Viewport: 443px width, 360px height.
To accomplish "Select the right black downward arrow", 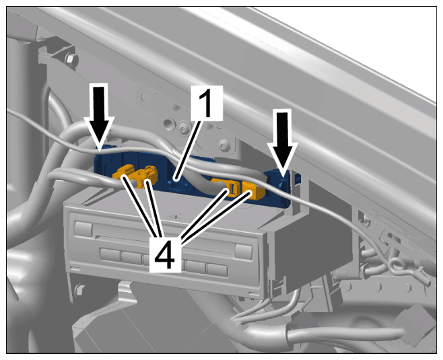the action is click(283, 141).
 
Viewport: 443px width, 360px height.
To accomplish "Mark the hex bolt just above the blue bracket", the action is click(225, 145).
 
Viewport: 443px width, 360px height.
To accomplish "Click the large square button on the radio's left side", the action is click(83, 228).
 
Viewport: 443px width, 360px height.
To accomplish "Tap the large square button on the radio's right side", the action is click(243, 250).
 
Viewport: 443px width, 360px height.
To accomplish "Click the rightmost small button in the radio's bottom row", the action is click(217, 270).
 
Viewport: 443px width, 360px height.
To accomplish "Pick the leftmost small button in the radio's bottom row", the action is click(110, 254).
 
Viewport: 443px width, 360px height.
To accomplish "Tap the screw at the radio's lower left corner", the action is click(80, 289).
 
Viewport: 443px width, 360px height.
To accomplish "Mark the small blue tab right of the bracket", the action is click(297, 178).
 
